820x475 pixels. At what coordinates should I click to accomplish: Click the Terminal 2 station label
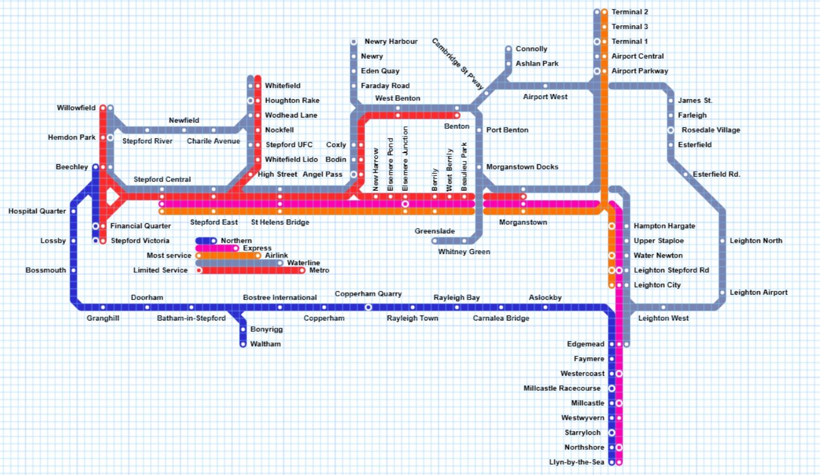click(630, 12)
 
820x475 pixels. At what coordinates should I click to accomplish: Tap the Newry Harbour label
click(390, 41)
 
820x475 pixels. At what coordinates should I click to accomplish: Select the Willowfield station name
click(76, 108)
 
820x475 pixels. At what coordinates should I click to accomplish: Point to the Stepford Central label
click(162, 179)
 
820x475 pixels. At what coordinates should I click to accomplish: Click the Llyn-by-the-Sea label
click(577, 462)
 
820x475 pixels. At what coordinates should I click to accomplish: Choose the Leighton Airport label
click(758, 293)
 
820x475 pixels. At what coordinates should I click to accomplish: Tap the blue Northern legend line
click(205, 241)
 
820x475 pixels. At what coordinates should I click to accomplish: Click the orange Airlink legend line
click(228, 255)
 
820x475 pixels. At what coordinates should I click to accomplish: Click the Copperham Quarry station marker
click(368, 308)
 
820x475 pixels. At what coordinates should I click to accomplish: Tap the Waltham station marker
click(243, 344)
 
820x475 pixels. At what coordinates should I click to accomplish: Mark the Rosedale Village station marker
click(670, 130)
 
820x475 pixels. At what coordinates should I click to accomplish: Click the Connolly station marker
click(508, 49)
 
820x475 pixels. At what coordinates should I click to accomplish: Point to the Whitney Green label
click(464, 252)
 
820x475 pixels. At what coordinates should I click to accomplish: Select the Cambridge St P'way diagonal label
click(457, 64)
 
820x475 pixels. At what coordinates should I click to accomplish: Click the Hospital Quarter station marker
click(73, 211)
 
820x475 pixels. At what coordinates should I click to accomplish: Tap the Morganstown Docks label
click(522, 167)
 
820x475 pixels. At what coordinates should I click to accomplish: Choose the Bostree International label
click(279, 297)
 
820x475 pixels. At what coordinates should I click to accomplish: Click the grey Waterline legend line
click(239, 263)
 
